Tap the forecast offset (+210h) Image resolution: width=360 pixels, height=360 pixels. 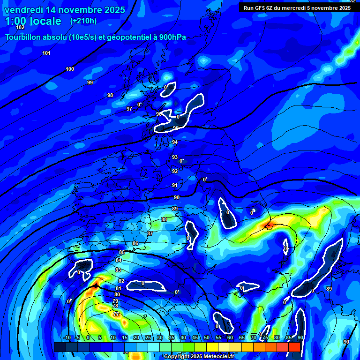coord(83,21)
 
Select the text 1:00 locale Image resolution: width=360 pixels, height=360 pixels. coord(33,21)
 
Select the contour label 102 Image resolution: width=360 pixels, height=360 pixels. coord(20,28)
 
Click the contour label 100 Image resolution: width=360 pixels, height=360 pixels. coord(70,69)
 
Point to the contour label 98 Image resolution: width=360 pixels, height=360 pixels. coord(110,96)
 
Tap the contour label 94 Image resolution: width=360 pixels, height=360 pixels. coord(175,142)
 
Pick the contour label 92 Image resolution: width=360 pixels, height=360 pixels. coord(175,172)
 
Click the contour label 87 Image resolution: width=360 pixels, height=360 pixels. coord(150,233)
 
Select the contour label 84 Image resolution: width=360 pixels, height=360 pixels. coord(119,261)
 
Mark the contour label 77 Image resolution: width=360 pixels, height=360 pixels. coord(116,314)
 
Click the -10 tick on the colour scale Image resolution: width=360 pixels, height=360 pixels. coord(67,338)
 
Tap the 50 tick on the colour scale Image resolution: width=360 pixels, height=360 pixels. coord(207,338)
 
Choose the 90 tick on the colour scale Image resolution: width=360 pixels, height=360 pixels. coord(300,338)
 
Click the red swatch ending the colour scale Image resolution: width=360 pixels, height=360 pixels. coord(294,347)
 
